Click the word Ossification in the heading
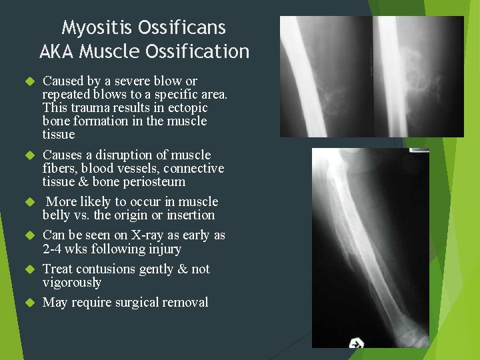click(200, 51)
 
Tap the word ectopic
click(187, 108)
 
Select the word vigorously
click(72, 283)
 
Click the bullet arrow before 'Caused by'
click(29, 81)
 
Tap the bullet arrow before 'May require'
click(29, 303)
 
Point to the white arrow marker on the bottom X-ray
click(357, 343)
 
